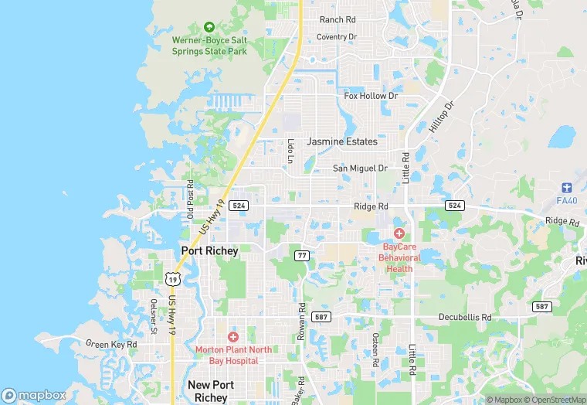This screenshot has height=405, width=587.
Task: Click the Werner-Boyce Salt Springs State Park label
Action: coord(209,46)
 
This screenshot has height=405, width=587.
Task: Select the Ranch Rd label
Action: coord(338,19)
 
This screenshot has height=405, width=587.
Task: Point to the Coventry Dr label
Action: coord(337,36)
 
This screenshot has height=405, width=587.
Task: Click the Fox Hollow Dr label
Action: coord(371,96)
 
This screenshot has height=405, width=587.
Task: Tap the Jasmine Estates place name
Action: coord(342,141)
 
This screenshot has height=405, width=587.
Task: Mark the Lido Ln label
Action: coord(290,150)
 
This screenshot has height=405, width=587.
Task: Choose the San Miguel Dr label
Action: coord(360,168)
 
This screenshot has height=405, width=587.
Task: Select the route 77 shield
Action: coord(302,254)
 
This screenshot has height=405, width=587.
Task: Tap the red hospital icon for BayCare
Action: coord(399,233)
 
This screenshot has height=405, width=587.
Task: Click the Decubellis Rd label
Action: coord(465,317)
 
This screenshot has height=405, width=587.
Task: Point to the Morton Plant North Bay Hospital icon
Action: coord(232,337)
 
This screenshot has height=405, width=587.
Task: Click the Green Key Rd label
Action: coord(111,344)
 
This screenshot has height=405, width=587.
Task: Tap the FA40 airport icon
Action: coord(567,188)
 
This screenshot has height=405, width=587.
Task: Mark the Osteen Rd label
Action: coord(375,350)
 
